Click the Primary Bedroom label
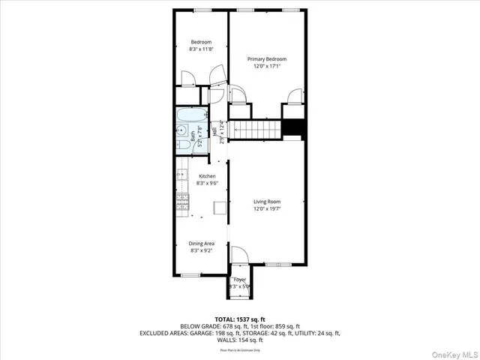point(267,59)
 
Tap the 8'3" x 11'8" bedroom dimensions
point(200,49)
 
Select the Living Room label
point(267,202)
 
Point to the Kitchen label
point(206,176)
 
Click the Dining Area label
point(201,243)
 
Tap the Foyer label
point(239,280)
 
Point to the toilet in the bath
point(181,130)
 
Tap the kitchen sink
point(181,175)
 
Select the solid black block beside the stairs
point(292,129)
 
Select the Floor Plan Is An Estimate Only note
point(239,349)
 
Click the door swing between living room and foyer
point(238,255)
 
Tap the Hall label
point(214,132)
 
